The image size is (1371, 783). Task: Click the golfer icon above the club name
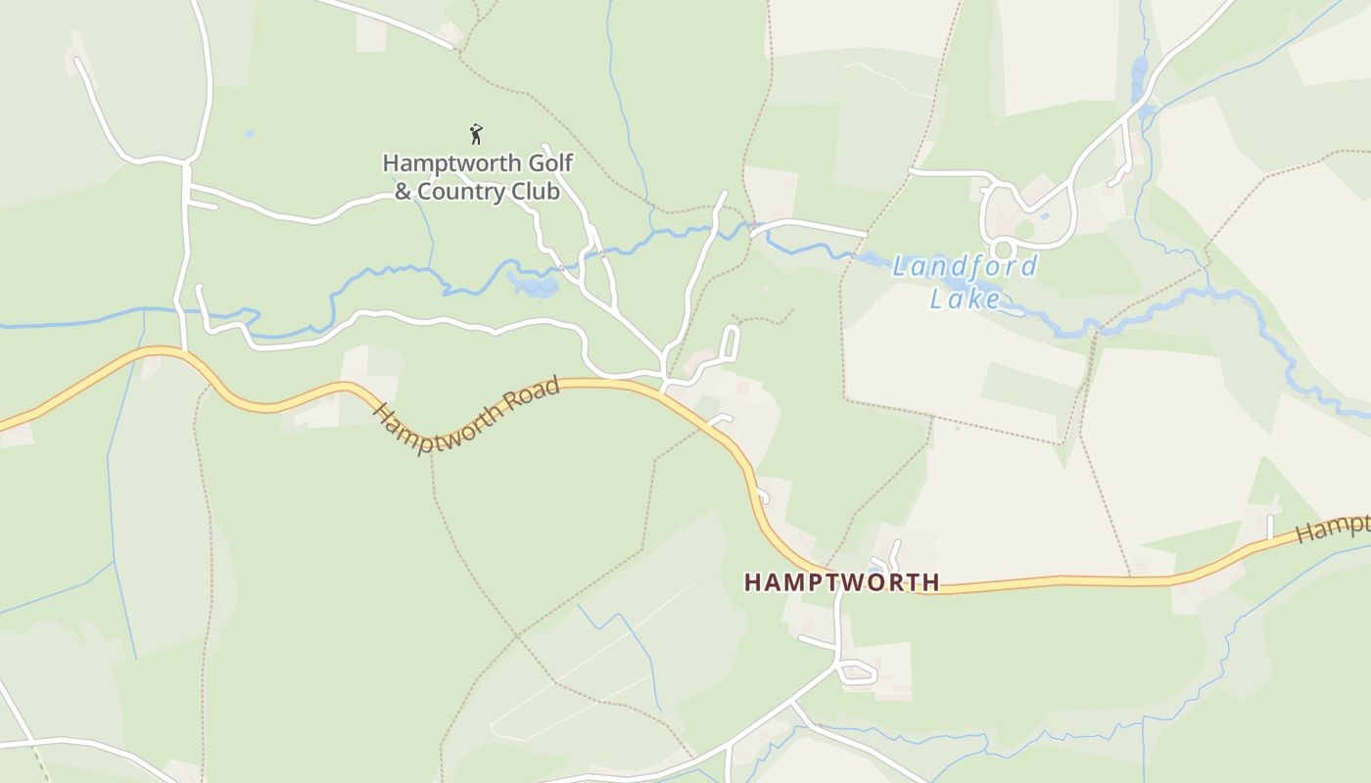tap(476, 134)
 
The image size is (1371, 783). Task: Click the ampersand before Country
tap(403, 192)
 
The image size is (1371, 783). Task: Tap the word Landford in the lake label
tap(965, 266)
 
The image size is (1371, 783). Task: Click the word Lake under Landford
tap(965, 299)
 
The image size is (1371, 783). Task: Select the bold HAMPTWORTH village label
tap(841, 582)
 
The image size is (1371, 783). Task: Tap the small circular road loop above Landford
tap(1002, 250)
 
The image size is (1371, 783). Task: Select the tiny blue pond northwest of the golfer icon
tap(249, 133)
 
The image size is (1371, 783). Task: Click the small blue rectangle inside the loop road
tap(1043, 215)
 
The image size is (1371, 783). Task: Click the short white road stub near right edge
tap(1270, 526)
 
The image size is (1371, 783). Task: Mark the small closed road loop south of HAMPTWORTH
tap(857, 671)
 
